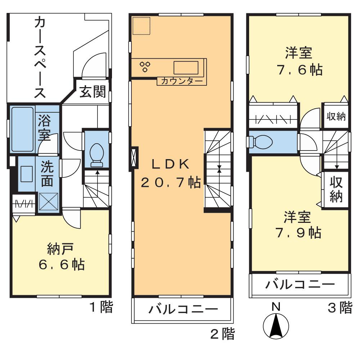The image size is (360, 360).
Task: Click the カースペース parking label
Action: click(40, 58)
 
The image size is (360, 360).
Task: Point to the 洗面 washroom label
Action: click(47, 174)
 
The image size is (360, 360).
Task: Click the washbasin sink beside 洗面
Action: click(26, 174)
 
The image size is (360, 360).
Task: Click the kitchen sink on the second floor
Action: click(186, 67)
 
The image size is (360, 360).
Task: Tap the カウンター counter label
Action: click(181, 81)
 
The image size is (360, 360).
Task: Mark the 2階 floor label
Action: click(222, 334)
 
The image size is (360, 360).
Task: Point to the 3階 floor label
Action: click(339, 308)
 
